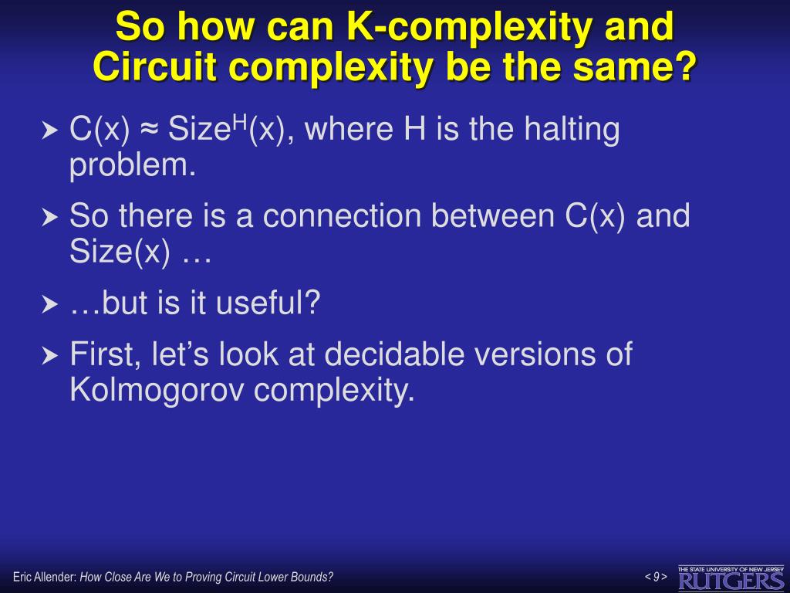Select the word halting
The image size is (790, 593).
click(x=572, y=129)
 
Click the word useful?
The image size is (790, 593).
click(x=268, y=303)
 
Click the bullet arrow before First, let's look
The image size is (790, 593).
click(x=50, y=356)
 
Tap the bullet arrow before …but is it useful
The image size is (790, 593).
click(x=50, y=306)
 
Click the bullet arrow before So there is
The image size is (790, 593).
click(x=50, y=218)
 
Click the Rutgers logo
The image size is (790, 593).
click(x=731, y=577)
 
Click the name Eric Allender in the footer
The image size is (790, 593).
click(x=43, y=577)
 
